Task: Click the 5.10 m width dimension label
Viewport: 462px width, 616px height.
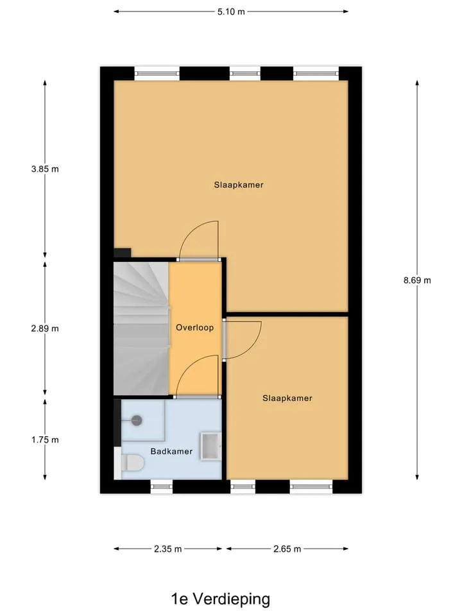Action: pos(231,12)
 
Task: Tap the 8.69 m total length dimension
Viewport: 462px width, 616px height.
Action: pos(417,280)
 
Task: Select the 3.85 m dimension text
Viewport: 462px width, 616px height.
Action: pos(45,169)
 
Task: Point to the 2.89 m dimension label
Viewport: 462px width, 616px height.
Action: pos(45,329)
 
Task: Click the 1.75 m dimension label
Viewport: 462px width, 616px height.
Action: pos(45,440)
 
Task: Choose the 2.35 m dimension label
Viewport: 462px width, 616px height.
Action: pos(167,549)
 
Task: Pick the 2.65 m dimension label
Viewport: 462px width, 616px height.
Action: pos(287,549)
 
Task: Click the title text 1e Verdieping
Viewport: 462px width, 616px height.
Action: pos(220,599)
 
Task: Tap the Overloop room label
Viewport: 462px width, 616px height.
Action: pos(194,328)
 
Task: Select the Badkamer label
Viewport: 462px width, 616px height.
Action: pos(171,451)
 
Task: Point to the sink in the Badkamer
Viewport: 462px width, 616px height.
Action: pos(210,446)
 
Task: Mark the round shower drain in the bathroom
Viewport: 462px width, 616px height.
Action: pos(136,420)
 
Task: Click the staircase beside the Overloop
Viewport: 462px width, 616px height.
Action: pos(141,329)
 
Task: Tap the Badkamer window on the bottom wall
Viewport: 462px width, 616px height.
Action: pos(162,487)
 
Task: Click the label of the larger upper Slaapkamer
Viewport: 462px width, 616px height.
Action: pos(239,185)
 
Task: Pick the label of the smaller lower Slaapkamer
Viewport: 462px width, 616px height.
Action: pos(287,398)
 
